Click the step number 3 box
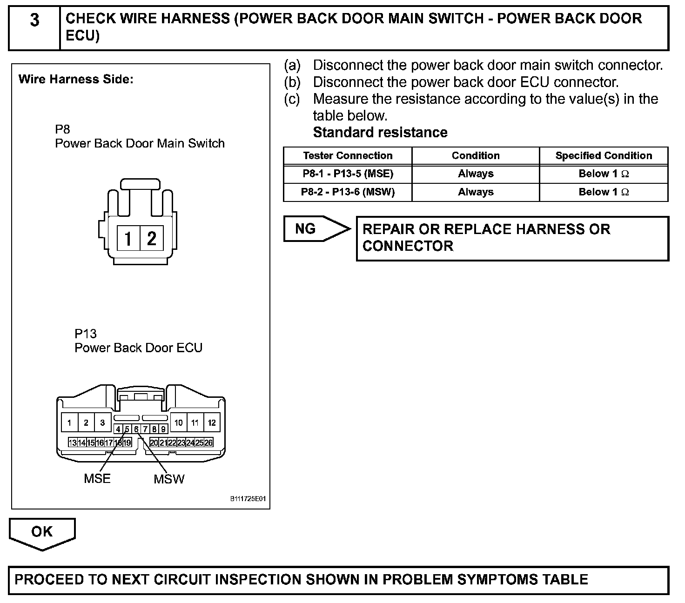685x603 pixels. click(x=34, y=21)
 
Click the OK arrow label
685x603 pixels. click(x=42, y=532)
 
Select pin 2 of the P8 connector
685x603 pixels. click(x=152, y=239)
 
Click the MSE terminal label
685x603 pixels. click(x=97, y=478)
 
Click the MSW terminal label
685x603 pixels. click(x=169, y=479)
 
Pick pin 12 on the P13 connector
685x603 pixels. click(x=212, y=423)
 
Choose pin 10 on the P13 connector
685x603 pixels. click(x=179, y=423)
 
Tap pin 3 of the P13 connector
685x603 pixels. click(x=102, y=423)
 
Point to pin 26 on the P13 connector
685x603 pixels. click(x=208, y=442)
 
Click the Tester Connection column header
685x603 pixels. click(x=348, y=156)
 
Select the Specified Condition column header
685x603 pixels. click(x=604, y=156)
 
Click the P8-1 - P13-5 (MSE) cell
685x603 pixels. click(x=348, y=174)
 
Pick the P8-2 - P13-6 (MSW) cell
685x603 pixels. click(x=348, y=192)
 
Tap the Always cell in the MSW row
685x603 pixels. click(x=476, y=192)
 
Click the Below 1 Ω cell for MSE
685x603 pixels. click(x=604, y=174)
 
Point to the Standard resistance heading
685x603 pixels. click(x=380, y=133)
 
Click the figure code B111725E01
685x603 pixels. click(x=248, y=499)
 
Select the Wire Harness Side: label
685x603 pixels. click(x=76, y=79)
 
